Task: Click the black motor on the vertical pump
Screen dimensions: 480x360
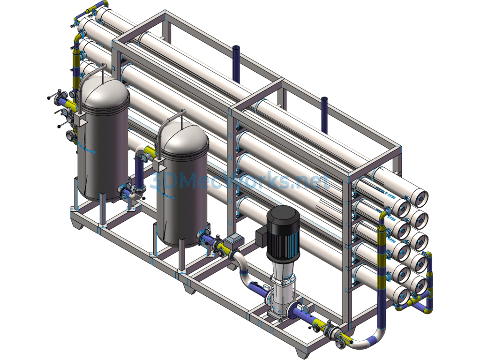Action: point(283,232)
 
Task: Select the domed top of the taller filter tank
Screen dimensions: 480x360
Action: point(103,92)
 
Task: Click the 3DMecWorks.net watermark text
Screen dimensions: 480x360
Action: point(240,181)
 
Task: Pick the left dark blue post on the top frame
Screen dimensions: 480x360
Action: point(236,64)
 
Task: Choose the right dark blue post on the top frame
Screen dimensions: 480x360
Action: point(324,115)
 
